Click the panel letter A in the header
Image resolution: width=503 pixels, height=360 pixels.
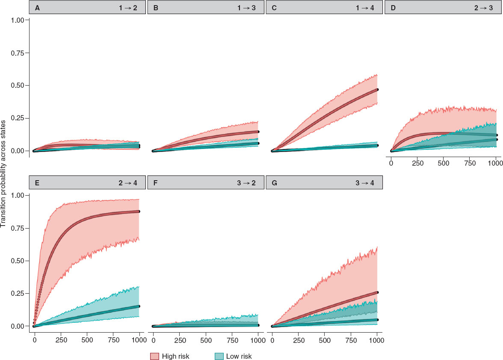38,8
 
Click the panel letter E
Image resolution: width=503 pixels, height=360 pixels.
38,183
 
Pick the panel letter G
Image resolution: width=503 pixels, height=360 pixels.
275,183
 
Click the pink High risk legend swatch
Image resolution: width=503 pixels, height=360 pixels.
155,356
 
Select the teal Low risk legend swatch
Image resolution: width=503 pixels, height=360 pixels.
218,356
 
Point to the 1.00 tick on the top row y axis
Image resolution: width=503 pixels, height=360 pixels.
17,20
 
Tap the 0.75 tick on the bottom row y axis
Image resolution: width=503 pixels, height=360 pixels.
17,228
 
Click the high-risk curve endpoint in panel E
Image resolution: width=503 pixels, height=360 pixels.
139,211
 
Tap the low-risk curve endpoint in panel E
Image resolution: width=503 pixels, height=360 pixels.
139,306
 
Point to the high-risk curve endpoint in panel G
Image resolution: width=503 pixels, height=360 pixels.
377,292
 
